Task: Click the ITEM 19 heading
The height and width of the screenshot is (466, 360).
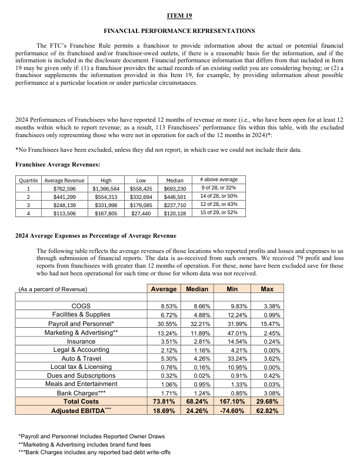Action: click(179, 14)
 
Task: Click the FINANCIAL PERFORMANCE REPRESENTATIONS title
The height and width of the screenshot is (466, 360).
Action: click(179, 30)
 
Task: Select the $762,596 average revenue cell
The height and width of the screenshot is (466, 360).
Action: click(65, 188)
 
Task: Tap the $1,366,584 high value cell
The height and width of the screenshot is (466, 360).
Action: click(106, 188)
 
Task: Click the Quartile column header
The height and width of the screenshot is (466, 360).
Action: click(29, 180)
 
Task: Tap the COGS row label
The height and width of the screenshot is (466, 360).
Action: click(81, 307)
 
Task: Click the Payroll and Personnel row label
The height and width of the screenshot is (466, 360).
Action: click(81, 323)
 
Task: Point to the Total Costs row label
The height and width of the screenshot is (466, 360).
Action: click(81, 400)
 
